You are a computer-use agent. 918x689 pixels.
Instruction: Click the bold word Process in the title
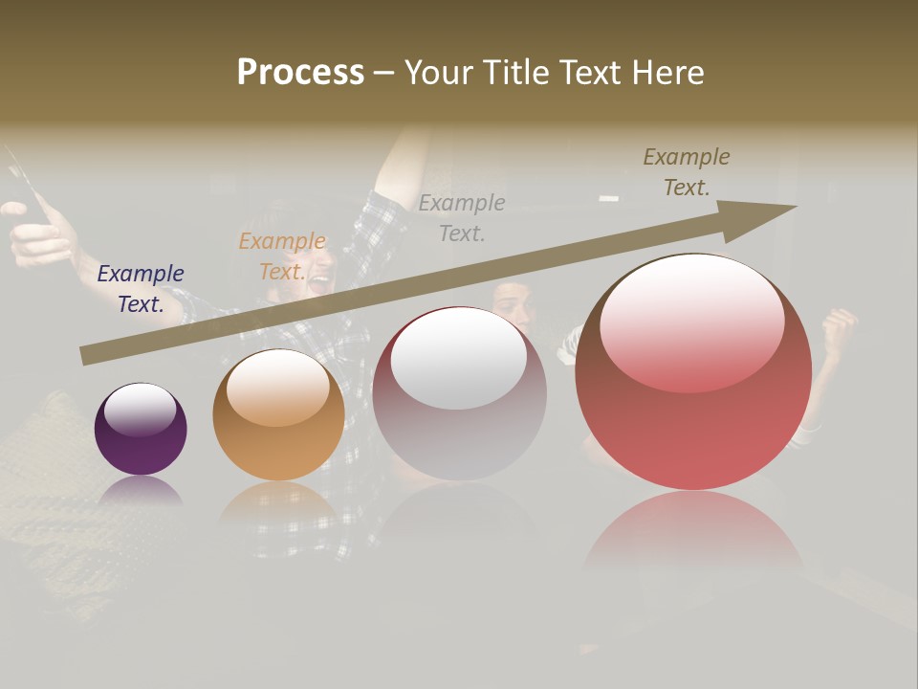[x=300, y=73]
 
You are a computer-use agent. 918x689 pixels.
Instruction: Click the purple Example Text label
[x=140, y=289]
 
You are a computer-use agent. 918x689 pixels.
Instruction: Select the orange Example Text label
[x=282, y=256]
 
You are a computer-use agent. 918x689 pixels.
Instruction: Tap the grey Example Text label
[x=462, y=217]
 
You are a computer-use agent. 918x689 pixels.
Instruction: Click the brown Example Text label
[x=687, y=172]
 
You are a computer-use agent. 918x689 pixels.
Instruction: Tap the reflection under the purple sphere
[x=142, y=491]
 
